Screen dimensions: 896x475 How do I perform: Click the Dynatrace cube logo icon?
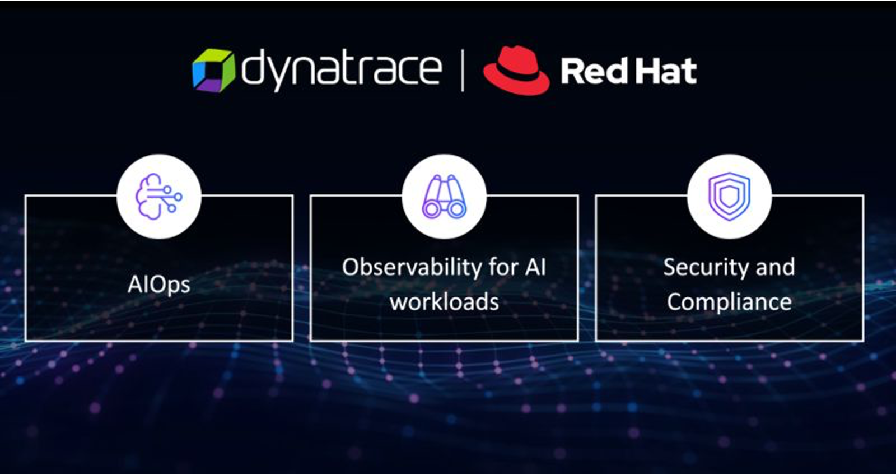point(213,70)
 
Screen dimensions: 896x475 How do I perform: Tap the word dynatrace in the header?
point(342,69)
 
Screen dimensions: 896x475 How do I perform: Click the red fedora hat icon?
point(516,70)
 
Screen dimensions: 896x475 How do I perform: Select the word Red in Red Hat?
point(594,71)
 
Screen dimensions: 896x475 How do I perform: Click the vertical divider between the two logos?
point(463,71)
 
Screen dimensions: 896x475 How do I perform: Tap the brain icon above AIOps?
point(159,197)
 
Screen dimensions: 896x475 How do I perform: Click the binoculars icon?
point(445,197)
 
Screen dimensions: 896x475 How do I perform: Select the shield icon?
point(729,197)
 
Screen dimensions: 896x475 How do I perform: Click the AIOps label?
point(159,285)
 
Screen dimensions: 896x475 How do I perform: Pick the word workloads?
point(445,301)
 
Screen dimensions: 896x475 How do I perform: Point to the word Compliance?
point(729,302)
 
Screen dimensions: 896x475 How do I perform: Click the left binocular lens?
point(432,209)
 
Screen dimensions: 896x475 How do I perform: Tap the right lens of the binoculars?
point(457,209)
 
